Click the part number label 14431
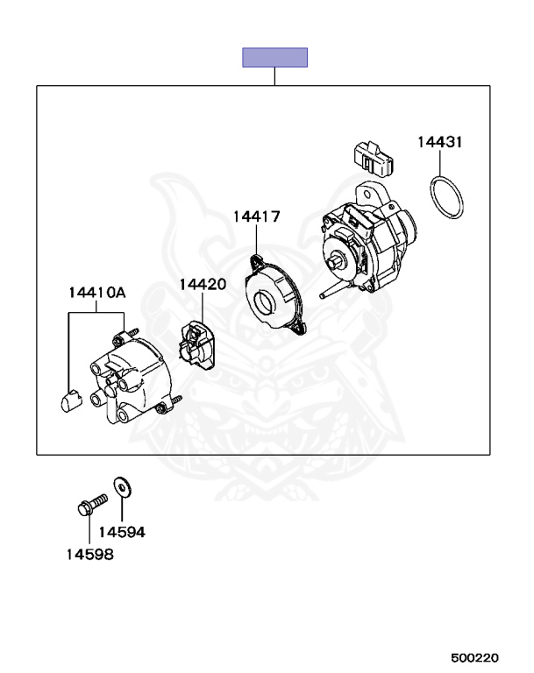pyautogui.click(x=439, y=142)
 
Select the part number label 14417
pyautogui.click(x=256, y=216)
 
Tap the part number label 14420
pyautogui.click(x=203, y=285)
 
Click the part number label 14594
pyautogui.click(x=121, y=532)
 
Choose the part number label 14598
pyautogui.click(x=89, y=554)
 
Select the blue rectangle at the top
pyautogui.click(x=274, y=58)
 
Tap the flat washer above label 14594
pyautogui.click(x=118, y=485)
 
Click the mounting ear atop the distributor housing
pyautogui.click(x=369, y=190)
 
